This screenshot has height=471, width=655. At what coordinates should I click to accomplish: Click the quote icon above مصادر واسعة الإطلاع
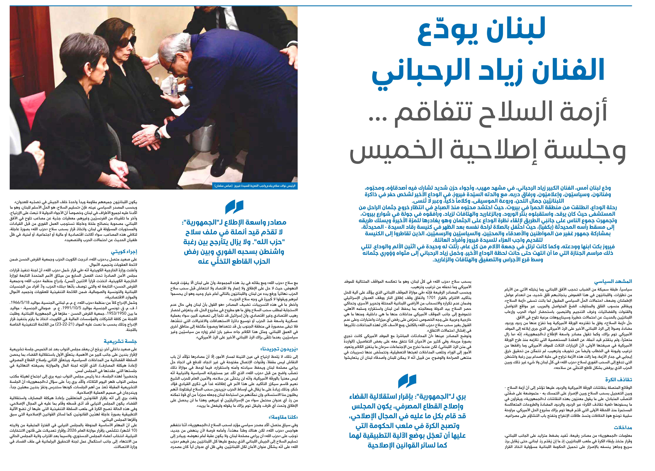[x=234, y=207]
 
